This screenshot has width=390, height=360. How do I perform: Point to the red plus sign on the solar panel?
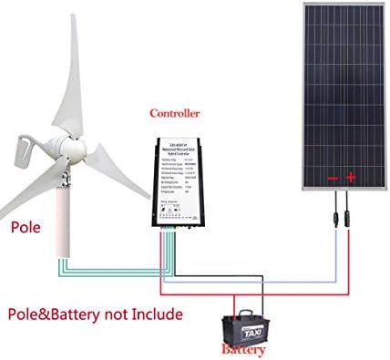click(x=350, y=178)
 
